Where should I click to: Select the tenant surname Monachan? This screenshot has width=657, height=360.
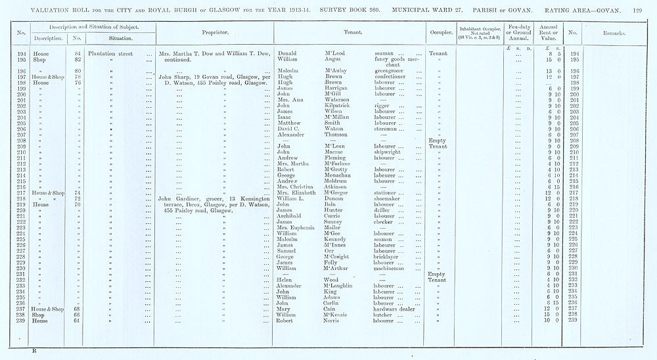click(340, 175)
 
